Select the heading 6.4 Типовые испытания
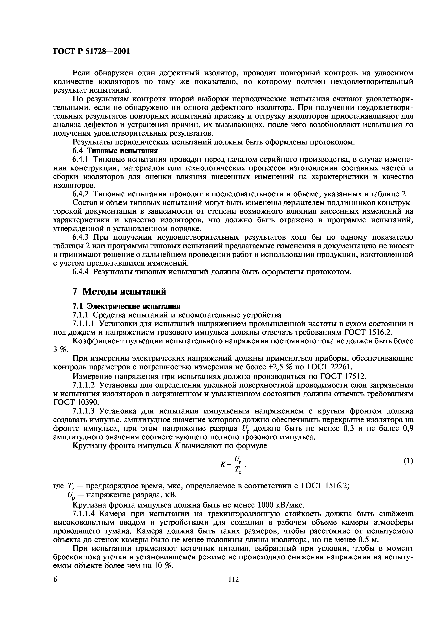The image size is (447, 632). tap(115, 151)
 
